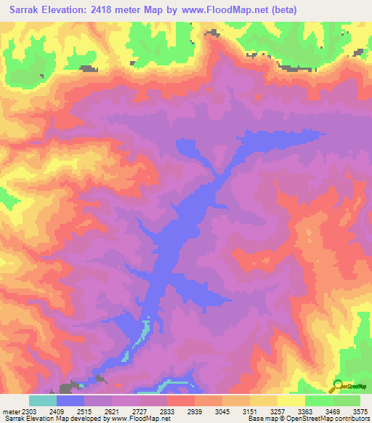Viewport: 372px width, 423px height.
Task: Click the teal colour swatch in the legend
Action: (x=43, y=400)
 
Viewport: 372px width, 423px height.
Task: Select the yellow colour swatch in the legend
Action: (x=291, y=400)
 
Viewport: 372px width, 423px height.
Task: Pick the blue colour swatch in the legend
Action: (x=70, y=400)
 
